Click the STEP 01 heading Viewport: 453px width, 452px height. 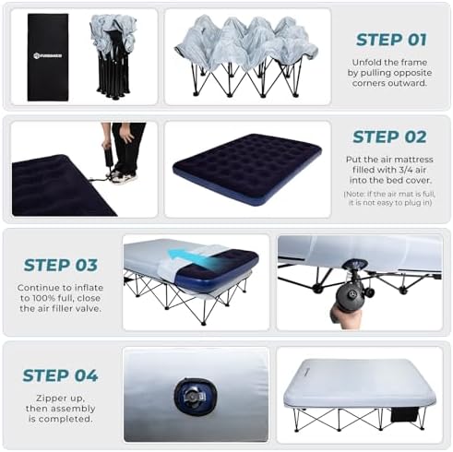coord(391,40)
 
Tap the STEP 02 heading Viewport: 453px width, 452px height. coord(389,137)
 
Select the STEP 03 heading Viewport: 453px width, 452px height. coord(60,265)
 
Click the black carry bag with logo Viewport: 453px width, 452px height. coord(48,56)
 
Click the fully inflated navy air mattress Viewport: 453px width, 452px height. coord(246,167)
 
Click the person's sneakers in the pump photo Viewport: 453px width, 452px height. coord(122,176)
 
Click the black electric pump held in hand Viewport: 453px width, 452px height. coord(352,295)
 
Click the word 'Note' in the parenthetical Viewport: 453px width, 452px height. coord(355,195)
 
